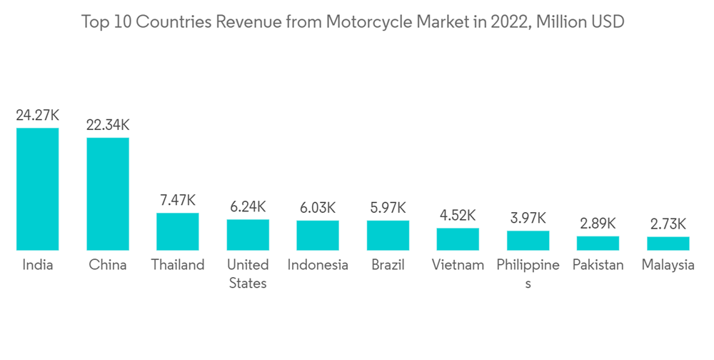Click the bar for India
pyautogui.click(x=38, y=189)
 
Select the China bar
pyautogui.click(x=108, y=194)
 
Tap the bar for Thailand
pyautogui.click(x=178, y=231)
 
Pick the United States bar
pyautogui.click(x=248, y=235)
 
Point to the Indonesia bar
pyautogui.click(x=318, y=236)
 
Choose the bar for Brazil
pyautogui.click(x=388, y=236)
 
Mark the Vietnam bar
pyautogui.click(x=458, y=239)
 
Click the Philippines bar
pyautogui.click(x=528, y=241)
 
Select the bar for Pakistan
pyautogui.click(x=598, y=244)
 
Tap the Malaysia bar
pyautogui.click(x=668, y=244)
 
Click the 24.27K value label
pyautogui.click(x=38, y=115)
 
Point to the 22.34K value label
pyautogui.click(x=108, y=125)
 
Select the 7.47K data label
pyautogui.click(x=178, y=200)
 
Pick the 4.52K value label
pyautogui.click(x=458, y=215)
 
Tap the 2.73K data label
pyautogui.click(x=668, y=224)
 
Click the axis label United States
pyautogui.click(x=248, y=274)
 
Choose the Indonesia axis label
pyautogui.click(x=318, y=265)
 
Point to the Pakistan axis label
pyautogui.click(x=598, y=265)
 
